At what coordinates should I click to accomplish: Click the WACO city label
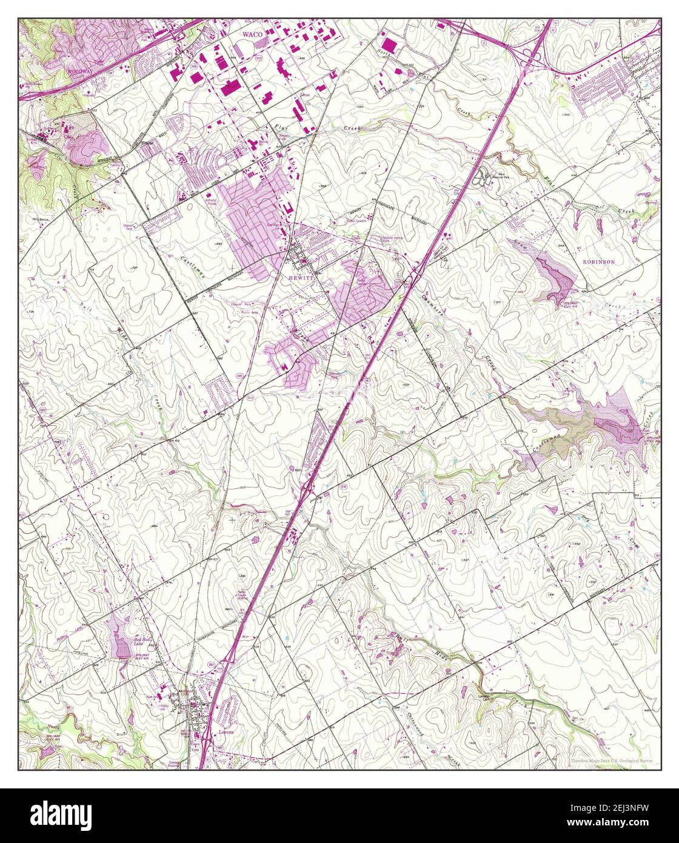click(252, 35)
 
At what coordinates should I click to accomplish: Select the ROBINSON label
click(598, 261)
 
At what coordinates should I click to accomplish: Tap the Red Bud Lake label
click(141, 641)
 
